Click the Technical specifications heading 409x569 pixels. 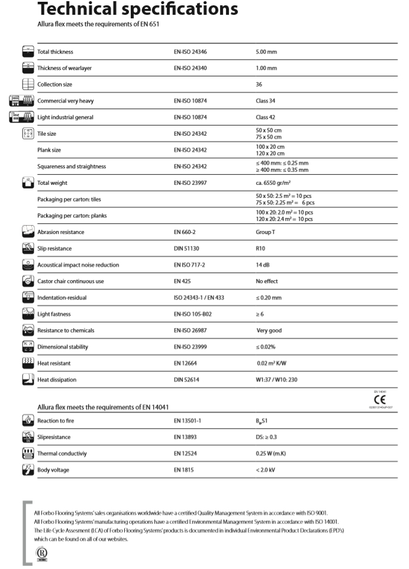point(137,9)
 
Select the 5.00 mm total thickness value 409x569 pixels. point(266,52)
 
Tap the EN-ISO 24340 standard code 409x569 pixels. point(190,68)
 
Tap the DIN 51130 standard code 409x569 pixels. point(188,248)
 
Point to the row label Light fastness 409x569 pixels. point(54,314)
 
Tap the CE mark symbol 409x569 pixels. point(376,399)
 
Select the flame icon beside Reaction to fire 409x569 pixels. point(27,420)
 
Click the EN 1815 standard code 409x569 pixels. point(183,469)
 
